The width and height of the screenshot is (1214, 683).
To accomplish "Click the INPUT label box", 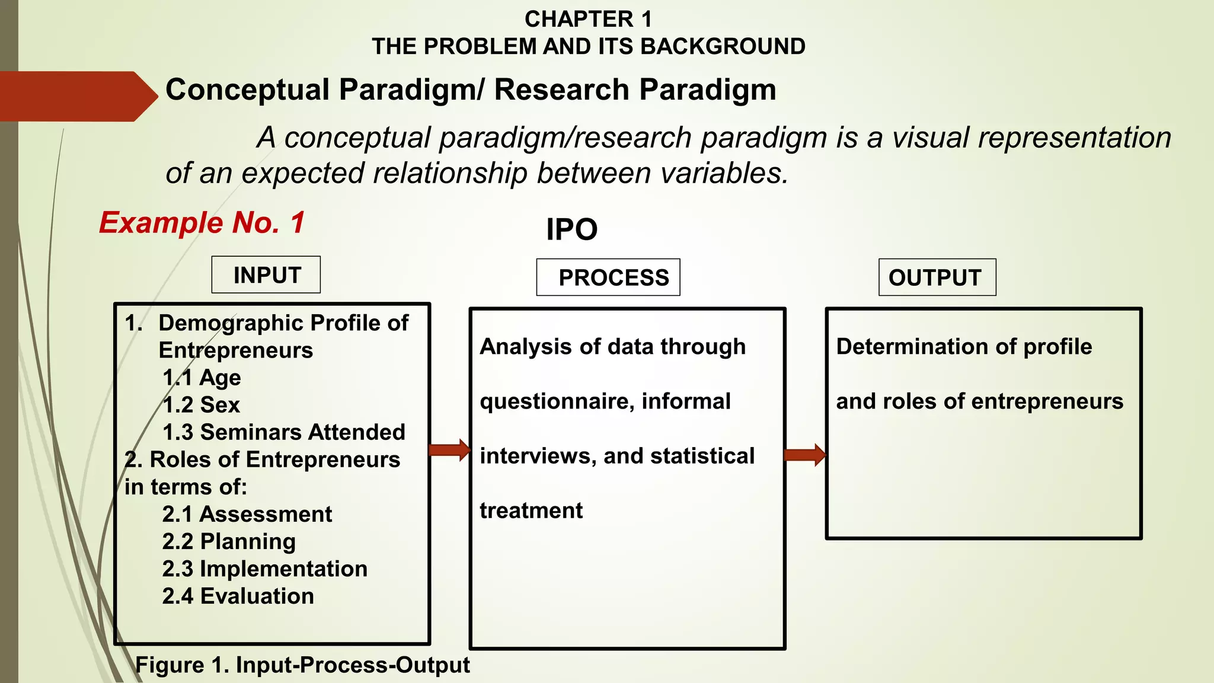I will pyautogui.click(x=266, y=275).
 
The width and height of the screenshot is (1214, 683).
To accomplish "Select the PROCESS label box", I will pyautogui.click(x=608, y=277).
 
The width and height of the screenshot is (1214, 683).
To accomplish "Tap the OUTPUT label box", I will pyautogui.click(x=937, y=277).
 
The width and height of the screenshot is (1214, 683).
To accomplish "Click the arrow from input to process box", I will pyautogui.click(x=449, y=450).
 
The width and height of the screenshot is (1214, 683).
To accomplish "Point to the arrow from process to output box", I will pyautogui.click(x=804, y=455).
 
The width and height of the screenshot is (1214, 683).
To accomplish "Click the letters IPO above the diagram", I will pyautogui.click(x=571, y=229).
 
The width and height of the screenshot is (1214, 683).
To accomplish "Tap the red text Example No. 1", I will pyautogui.click(x=202, y=223).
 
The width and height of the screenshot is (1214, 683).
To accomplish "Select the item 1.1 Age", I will pyautogui.click(x=202, y=378).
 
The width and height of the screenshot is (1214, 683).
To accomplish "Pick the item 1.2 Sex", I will pyautogui.click(x=201, y=405).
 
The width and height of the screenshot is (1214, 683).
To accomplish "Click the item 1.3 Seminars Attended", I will pyautogui.click(x=283, y=432).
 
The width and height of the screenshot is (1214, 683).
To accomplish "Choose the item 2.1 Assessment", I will pyautogui.click(x=247, y=514).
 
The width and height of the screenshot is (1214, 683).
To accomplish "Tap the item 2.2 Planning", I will pyautogui.click(x=229, y=541).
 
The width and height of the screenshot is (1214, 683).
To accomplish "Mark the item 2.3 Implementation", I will pyautogui.click(x=264, y=569).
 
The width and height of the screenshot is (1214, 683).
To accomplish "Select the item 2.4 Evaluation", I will pyautogui.click(x=238, y=596).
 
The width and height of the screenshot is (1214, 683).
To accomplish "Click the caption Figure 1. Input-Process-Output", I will pyautogui.click(x=302, y=665).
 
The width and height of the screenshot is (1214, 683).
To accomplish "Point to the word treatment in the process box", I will pyautogui.click(x=531, y=510).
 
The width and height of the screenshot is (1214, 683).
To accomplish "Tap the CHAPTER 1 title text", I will pyautogui.click(x=588, y=19).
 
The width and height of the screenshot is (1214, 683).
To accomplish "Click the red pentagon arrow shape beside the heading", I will pyautogui.click(x=77, y=96).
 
